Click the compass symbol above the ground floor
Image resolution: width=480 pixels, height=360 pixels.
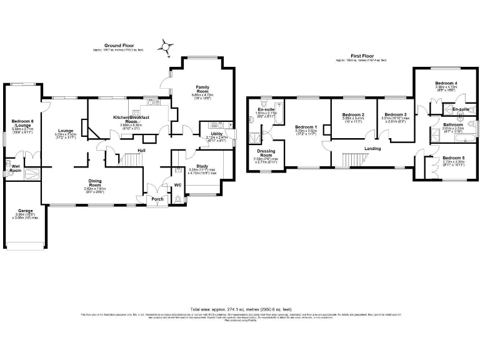(165, 45)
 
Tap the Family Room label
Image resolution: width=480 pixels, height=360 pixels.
(202, 89)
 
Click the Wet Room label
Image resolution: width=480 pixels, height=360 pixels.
(14, 167)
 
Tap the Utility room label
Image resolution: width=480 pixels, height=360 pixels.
(217, 134)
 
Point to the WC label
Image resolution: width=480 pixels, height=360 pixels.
(177, 184)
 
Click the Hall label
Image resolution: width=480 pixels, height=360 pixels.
(142, 151)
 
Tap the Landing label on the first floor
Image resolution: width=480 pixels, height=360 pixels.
(374, 148)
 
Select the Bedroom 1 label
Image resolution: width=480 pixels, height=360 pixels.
(306, 127)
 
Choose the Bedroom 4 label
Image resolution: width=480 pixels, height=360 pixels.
(446, 83)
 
